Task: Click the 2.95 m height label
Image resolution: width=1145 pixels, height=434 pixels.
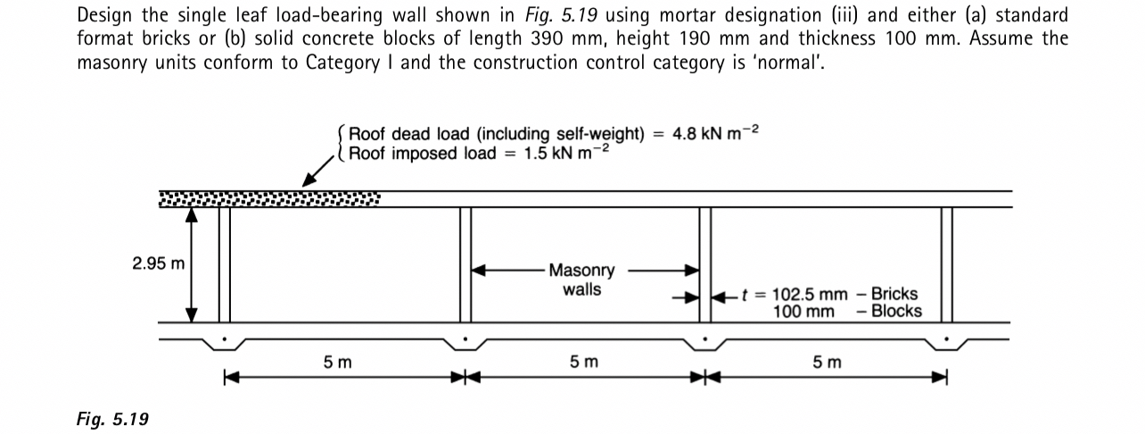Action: coord(159,263)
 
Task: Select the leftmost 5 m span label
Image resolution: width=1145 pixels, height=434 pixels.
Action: coord(338,362)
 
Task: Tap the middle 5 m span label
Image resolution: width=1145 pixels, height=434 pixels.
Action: coord(584,362)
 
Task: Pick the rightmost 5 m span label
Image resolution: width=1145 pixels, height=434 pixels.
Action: coord(827,362)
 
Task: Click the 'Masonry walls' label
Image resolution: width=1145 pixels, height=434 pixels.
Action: coord(581,280)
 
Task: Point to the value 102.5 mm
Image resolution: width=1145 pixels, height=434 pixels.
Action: coord(810,295)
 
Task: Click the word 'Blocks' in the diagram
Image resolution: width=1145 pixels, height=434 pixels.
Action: coord(896,312)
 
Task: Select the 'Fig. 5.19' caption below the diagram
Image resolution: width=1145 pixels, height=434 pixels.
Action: coord(112,419)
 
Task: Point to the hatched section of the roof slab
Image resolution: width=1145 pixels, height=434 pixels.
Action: coord(268,198)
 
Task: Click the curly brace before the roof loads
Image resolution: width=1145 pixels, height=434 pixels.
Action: coord(342,144)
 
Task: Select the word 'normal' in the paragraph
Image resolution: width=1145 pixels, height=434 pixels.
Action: coord(784,63)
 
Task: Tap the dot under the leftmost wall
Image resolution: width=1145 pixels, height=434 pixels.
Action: coord(225,339)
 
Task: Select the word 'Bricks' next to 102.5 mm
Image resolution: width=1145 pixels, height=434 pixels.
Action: coord(894,295)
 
